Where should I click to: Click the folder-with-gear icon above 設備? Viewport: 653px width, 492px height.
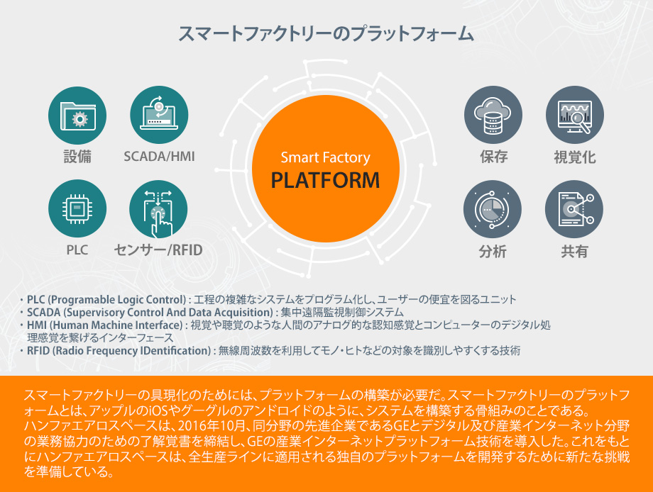coord(77,116)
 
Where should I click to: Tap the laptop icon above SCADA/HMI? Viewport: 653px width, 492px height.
coord(159,115)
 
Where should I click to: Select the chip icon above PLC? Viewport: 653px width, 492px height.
coord(77,208)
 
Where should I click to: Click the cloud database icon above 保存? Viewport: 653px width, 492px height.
coord(493,116)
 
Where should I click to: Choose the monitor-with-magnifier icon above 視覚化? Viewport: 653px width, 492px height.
coord(575,116)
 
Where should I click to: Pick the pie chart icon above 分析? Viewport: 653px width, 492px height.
coord(493,209)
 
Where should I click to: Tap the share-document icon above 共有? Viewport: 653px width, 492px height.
coord(574,209)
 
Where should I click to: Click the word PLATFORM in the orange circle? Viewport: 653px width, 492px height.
coord(325,180)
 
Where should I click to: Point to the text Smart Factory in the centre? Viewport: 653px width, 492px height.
coord(325,157)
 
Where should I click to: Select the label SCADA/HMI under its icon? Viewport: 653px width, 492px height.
coord(159,157)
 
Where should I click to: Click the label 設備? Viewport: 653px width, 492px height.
coord(77,157)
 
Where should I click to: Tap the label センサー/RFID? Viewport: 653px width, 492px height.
coord(158,250)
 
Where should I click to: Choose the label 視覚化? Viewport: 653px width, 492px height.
coord(575,157)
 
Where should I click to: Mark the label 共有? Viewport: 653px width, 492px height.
coord(574,251)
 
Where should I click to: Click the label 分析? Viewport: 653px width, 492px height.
coord(493,251)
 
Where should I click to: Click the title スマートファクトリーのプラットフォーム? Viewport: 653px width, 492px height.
coord(326,34)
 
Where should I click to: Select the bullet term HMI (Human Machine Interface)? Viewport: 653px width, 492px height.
coord(105,325)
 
